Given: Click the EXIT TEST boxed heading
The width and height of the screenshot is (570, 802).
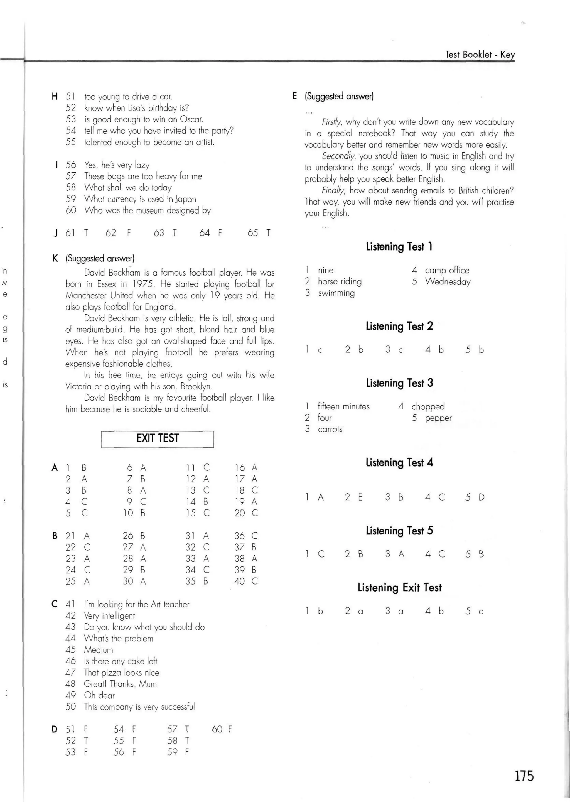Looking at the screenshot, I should point(157,438).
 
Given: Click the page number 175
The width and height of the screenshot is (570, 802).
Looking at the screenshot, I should point(524,776).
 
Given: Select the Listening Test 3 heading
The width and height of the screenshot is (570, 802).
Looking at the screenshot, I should point(399,383).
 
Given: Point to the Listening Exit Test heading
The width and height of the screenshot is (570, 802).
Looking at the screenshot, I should point(399,588).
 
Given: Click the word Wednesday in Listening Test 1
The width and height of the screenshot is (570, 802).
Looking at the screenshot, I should point(448,282).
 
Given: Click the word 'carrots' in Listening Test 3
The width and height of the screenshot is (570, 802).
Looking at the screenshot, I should point(330,429).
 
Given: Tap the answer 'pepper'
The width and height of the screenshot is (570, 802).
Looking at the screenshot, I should point(438,418).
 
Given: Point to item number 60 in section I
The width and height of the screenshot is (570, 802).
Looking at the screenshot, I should point(71,210).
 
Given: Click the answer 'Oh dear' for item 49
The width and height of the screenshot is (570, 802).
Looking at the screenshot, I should point(99,695).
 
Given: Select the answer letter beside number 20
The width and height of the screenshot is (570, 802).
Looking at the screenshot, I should point(255,513).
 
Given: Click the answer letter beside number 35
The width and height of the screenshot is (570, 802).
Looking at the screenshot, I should point(206,581).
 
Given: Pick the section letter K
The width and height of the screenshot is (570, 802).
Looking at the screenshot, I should point(55,259).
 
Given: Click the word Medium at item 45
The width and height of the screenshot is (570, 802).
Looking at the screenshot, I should point(98,650).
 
